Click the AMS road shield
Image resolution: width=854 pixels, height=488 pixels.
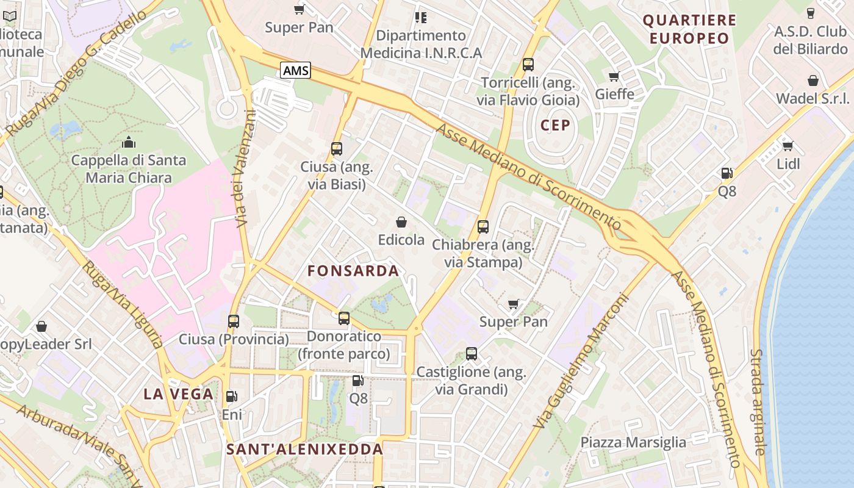click(296, 70)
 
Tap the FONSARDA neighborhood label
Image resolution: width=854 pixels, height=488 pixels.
click(353, 271)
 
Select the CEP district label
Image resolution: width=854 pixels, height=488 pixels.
click(555, 126)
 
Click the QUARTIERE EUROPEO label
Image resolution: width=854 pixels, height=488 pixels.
click(689, 29)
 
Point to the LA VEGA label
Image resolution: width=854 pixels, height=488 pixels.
click(179, 394)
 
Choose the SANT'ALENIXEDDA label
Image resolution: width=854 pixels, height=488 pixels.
click(304, 450)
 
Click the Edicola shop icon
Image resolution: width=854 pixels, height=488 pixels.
click(401, 222)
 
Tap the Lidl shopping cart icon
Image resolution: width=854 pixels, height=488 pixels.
click(788, 146)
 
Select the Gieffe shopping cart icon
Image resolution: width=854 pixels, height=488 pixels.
click(614, 76)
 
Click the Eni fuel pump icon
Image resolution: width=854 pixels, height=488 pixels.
click(232, 396)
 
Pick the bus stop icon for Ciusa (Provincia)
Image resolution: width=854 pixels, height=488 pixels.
click(234, 321)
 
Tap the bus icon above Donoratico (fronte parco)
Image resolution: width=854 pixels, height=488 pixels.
click(344, 318)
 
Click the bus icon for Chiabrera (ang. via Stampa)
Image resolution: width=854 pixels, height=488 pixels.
click(483, 227)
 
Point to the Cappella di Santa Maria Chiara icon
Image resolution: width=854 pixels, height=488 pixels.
click(129, 142)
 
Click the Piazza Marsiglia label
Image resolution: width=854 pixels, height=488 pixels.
click(633, 442)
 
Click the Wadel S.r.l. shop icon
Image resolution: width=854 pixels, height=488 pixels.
click(813, 81)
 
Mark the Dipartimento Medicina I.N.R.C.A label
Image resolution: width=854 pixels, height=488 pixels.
click(421, 44)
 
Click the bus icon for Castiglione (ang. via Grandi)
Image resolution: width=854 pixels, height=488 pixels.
click(471, 353)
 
